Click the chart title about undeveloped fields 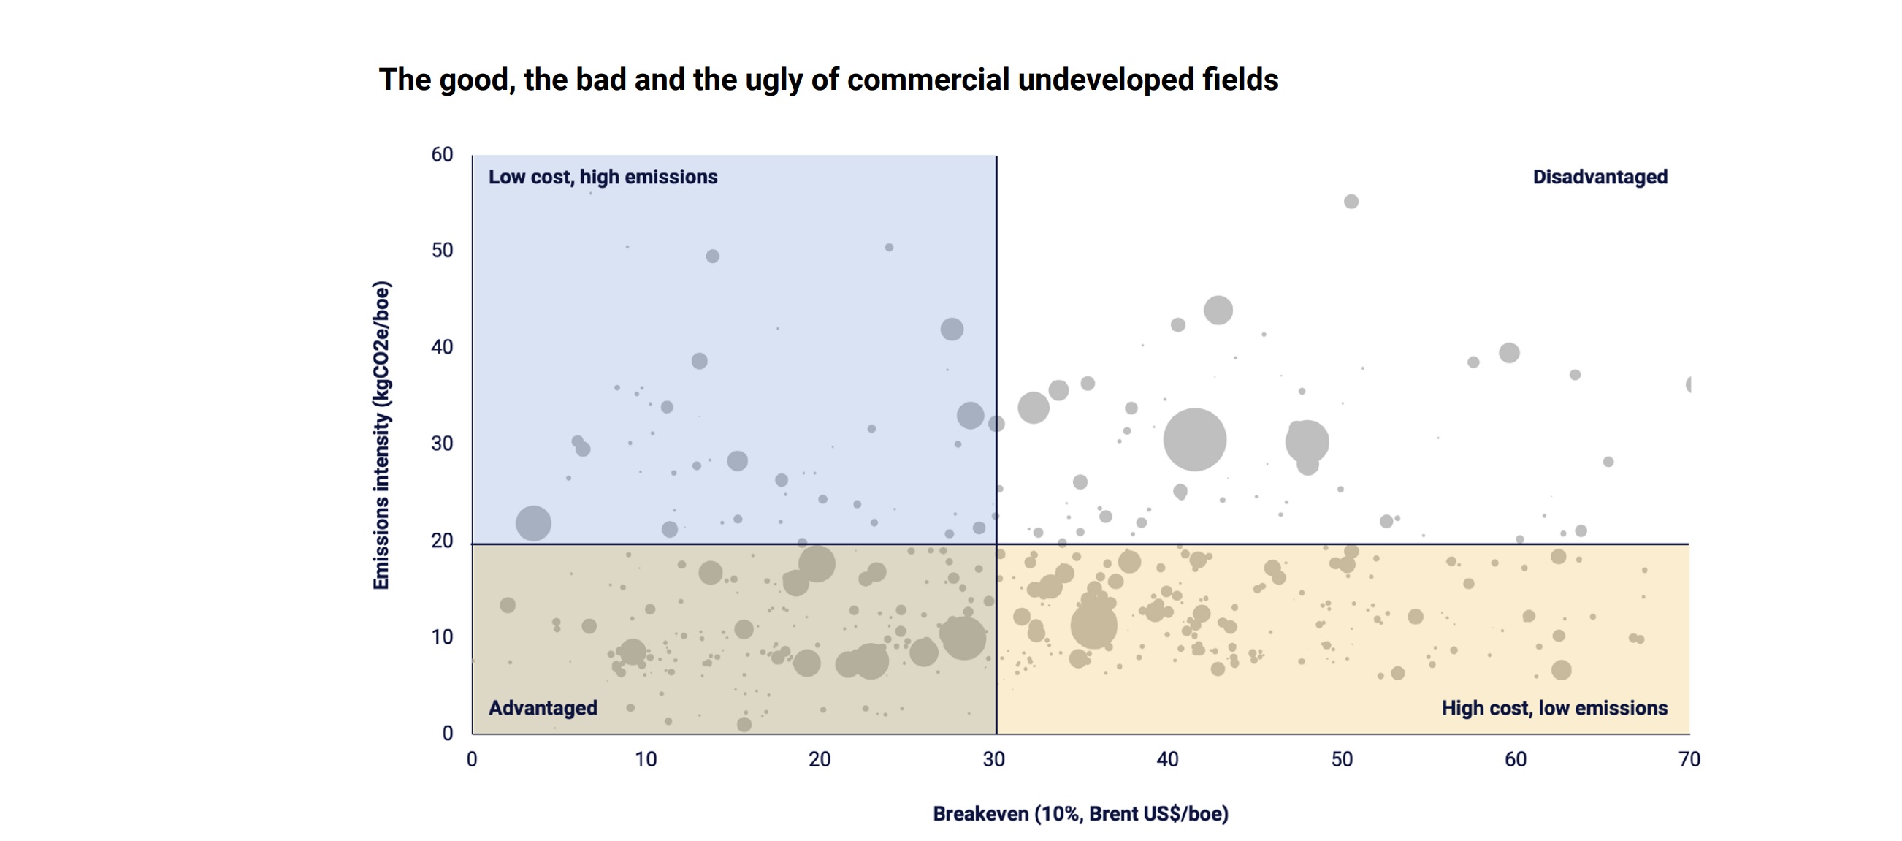click(x=828, y=80)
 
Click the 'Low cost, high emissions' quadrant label click(x=603, y=178)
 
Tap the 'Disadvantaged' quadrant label click(x=1600, y=178)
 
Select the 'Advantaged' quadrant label click(x=543, y=708)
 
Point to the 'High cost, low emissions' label click(x=1554, y=708)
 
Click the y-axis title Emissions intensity click(x=381, y=435)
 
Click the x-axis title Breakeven click(x=1080, y=814)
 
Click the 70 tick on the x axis click(x=1689, y=759)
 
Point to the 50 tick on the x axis click(x=1342, y=759)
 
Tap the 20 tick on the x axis click(x=820, y=759)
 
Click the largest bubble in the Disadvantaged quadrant click(x=1194, y=439)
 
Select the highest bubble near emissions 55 click(x=1351, y=202)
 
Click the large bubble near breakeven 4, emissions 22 click(x=533, y=523)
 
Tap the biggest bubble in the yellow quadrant click(x=1093, y=625)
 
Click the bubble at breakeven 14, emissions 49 click(x=712, y=256)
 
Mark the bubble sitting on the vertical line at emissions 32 click(x=996, y=424)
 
